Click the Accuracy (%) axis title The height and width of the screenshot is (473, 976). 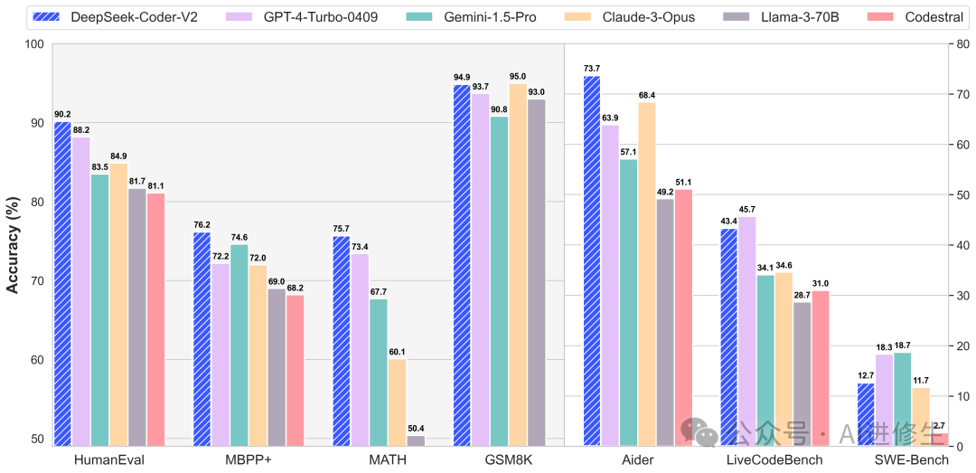(14, 244)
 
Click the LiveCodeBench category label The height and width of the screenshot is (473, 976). (774, 461)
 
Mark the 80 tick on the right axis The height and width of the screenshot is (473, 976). (956, 43)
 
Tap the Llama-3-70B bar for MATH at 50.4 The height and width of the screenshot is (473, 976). (415, 441)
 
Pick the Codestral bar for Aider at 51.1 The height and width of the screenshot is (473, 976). (683, 317)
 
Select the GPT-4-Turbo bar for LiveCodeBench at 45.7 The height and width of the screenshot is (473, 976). (747, 331)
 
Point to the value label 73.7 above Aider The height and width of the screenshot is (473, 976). (592, 69)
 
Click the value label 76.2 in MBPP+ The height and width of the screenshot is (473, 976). (202, 225)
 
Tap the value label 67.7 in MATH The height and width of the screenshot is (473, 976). (378, 292)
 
